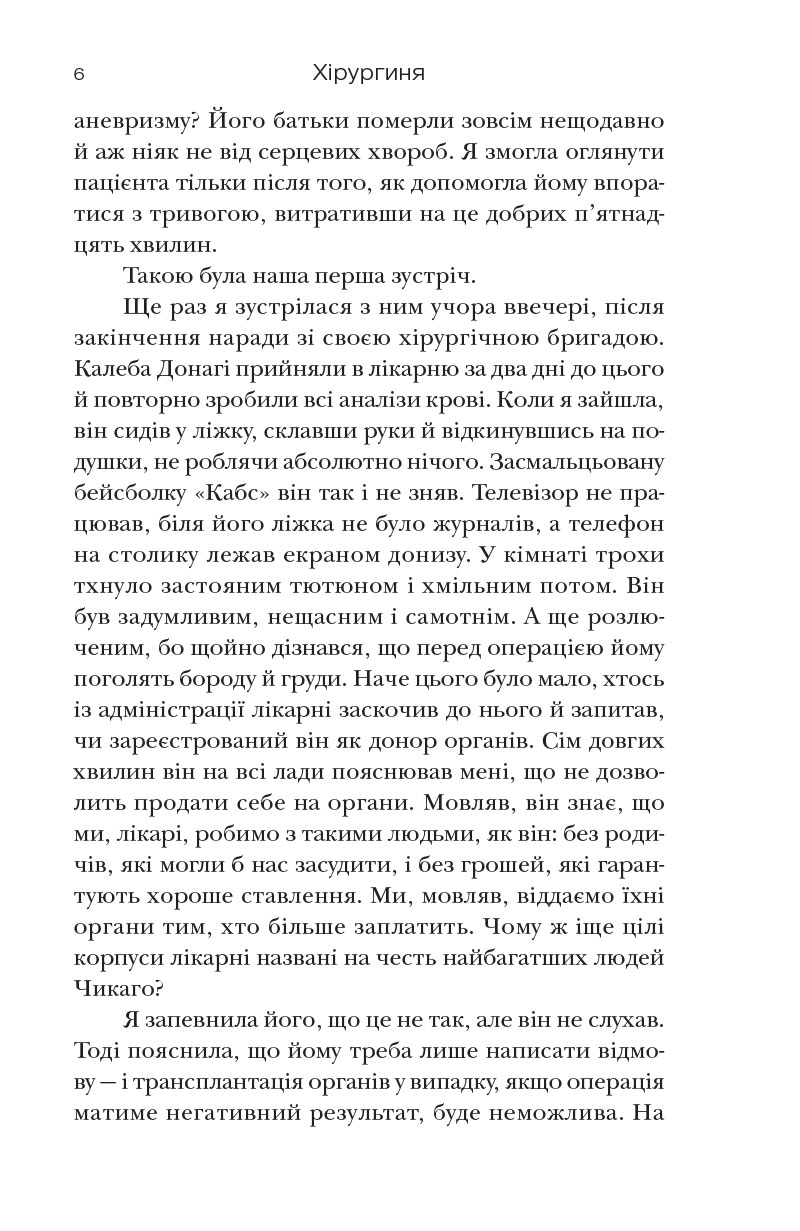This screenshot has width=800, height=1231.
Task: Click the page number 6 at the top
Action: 79,75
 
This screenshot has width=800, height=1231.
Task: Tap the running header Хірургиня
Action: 369,75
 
